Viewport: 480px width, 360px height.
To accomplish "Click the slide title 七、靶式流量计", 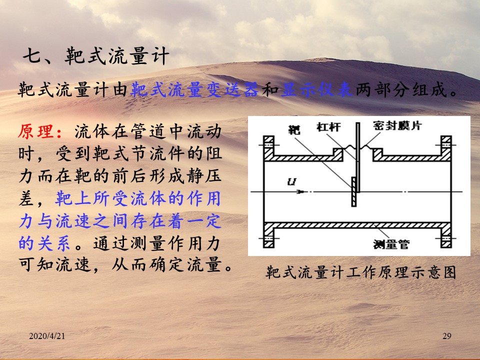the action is pos(96,56).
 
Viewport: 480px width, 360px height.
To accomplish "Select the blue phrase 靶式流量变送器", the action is pos(194,90).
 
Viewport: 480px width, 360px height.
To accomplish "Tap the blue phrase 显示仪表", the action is pos(317,90).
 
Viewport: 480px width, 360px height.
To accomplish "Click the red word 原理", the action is pos(36,131).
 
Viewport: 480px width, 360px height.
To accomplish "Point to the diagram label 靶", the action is pos(294,129).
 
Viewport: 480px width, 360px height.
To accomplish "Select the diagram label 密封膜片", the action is pos(397,125).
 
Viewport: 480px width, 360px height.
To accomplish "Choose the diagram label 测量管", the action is pos(391,244).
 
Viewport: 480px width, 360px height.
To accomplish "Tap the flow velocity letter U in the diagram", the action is pos(291,182).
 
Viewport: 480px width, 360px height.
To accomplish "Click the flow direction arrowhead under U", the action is pos(301,192).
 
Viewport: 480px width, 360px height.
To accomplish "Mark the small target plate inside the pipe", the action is pos(353,192).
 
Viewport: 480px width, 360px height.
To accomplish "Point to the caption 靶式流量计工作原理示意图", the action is pos(361,272).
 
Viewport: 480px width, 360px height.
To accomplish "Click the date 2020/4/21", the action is pos(47,336).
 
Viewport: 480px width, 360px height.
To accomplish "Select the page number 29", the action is pos(447,336).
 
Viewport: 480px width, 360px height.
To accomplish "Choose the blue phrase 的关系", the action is pos(44,243).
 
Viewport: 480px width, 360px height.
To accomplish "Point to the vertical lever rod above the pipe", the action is pos(357,157).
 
